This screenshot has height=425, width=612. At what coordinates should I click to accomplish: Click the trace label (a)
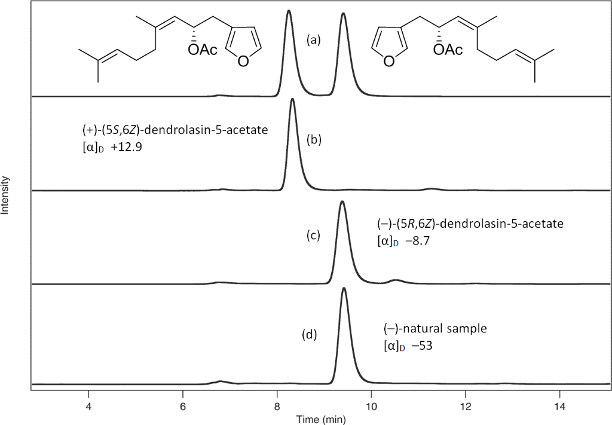314,41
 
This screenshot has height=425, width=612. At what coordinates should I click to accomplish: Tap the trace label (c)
313,235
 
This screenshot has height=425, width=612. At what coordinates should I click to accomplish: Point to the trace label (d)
310,335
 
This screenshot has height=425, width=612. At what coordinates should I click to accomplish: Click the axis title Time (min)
323,418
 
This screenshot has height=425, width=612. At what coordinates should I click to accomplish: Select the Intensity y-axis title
7,195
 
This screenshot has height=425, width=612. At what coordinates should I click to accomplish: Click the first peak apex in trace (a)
289,11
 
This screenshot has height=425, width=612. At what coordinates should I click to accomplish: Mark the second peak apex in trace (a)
343,13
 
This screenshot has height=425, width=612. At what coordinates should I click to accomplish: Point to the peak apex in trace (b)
292,99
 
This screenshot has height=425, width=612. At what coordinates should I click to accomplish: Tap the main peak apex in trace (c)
342,202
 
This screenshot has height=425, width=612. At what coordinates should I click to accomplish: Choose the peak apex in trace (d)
344,289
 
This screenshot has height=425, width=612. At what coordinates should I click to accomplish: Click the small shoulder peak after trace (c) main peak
394,279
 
